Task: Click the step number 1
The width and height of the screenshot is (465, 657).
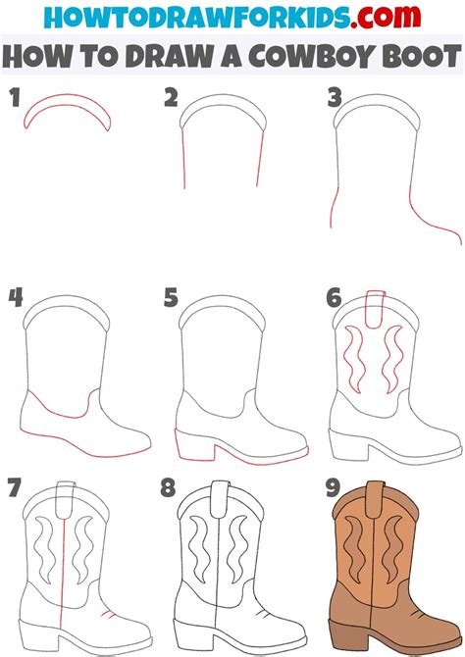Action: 15,98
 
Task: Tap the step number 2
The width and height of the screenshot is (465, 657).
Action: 171,98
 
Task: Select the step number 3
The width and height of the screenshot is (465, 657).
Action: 333,99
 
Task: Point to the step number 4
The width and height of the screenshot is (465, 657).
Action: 15,297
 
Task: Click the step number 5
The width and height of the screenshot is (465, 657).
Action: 171,297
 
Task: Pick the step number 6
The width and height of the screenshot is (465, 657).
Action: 333,297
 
